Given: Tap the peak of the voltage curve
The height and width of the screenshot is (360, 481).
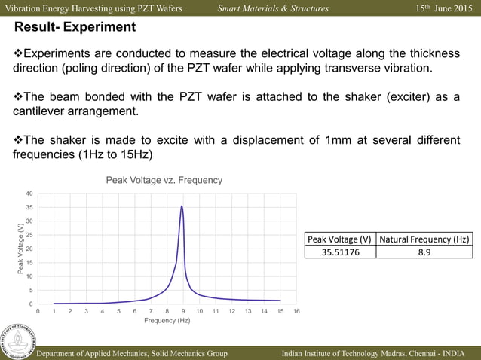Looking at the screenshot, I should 182,206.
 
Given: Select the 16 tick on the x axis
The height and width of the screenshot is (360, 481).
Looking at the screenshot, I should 296,310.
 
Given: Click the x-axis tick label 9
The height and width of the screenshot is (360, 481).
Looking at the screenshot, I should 183,310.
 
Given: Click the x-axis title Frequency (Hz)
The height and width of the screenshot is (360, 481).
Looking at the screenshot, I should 167,321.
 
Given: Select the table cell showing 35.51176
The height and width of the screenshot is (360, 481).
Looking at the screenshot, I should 341,252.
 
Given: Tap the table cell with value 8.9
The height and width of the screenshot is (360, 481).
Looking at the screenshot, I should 424,252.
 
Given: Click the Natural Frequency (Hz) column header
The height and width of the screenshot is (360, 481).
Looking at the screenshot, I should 424,239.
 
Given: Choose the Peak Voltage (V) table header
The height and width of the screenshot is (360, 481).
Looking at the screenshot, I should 341,239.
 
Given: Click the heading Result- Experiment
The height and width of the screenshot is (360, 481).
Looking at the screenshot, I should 75,28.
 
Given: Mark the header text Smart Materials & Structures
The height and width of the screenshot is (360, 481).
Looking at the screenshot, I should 273,8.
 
